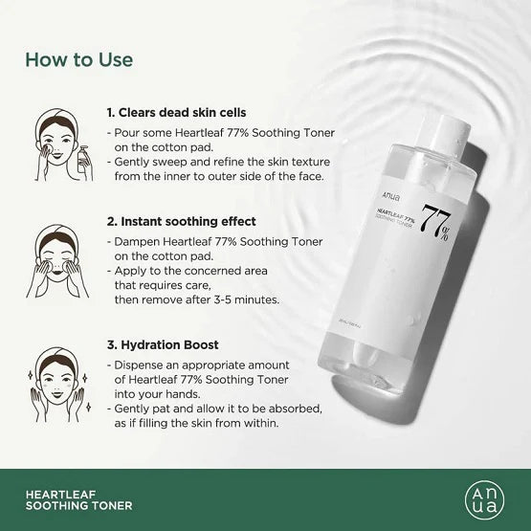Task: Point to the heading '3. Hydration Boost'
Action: (163, 344)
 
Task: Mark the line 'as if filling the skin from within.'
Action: (196, 423)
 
